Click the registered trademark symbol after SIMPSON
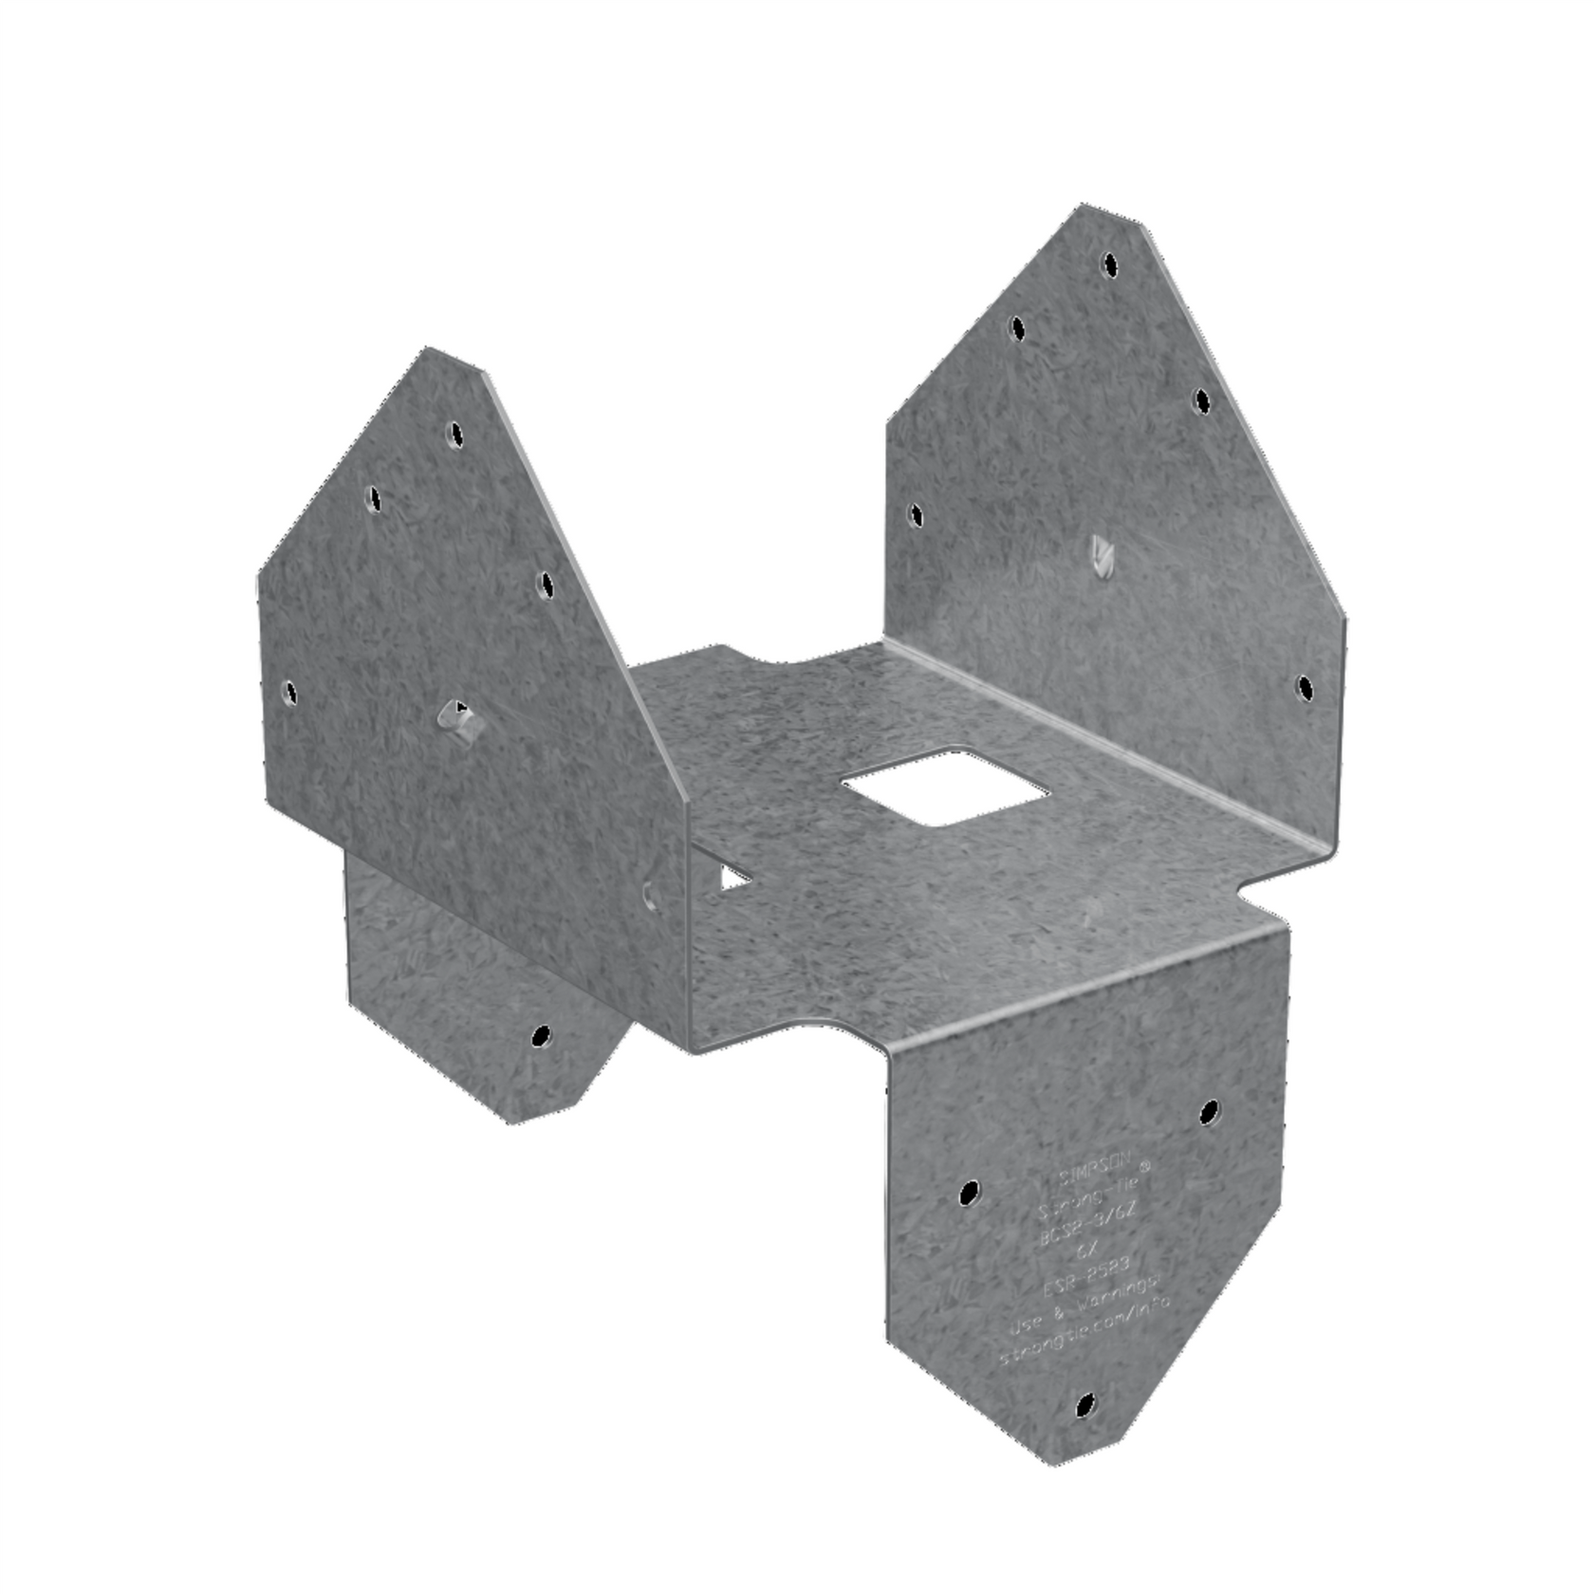[1145, 1166]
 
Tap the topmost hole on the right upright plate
[1108, 264]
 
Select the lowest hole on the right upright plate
[1305, 687]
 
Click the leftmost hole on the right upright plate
[915, 515]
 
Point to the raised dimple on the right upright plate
[1101, 556]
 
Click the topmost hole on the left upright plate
[455, 436]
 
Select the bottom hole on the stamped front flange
[1085, 1404]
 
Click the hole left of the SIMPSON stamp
[968, 1193]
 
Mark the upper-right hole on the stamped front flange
[1209, 1111]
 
